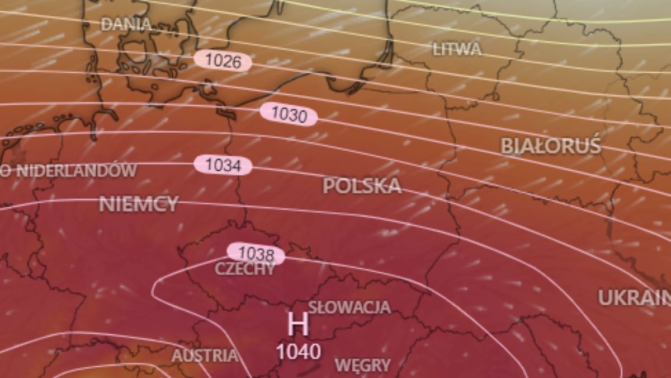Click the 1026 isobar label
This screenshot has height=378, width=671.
tap(223, 60)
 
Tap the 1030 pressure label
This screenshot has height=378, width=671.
tap(289, 115)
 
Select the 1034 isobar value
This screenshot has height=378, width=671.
tap(223, 165)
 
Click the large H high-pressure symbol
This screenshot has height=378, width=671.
tap(297, 324)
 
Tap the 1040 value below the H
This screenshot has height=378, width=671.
tap(299, 352)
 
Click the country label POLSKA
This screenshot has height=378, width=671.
tap(362, 186)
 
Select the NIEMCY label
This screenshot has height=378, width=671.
tap(139, 204)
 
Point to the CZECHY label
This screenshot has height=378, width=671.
tap(245, 269)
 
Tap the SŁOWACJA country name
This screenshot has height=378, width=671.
tap(349, 307)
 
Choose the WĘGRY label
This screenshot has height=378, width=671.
tap(362, 366)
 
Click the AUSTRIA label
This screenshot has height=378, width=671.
tap(204, 356)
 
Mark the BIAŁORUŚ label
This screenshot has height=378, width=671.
tap(550, 146)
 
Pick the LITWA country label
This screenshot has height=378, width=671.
tap(457, 49)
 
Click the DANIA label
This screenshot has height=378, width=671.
tap(126, 24)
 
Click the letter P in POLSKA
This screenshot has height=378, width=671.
tap(328, 186)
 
